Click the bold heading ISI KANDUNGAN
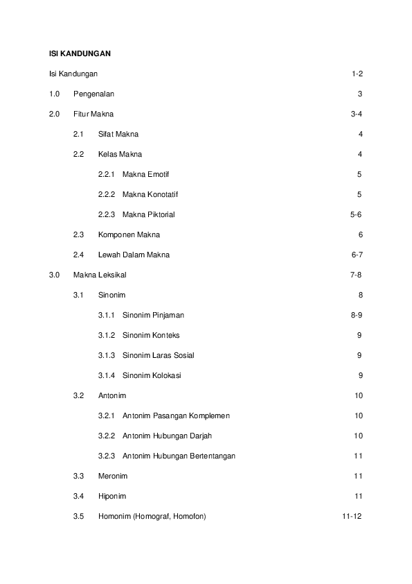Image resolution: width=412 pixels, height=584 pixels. pos(80,53)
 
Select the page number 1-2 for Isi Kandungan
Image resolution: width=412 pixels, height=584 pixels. pos(357,74)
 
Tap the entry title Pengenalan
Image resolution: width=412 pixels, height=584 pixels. pos(94,94)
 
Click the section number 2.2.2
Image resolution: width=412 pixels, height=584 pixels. pos(107,194)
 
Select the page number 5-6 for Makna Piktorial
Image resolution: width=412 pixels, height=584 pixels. pos(356,214)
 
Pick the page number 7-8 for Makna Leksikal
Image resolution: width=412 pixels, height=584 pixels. pos(356,275)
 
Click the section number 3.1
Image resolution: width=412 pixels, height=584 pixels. pos(78,295)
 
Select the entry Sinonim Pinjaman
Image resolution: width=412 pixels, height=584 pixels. pos(153,315)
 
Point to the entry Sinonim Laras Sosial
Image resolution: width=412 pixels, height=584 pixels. pos(158,355)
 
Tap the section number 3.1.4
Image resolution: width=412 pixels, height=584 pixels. pos(107,375)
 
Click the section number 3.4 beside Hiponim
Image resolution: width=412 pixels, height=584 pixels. pos(78,496)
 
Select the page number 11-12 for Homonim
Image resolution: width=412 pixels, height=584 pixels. pos(352,516)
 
